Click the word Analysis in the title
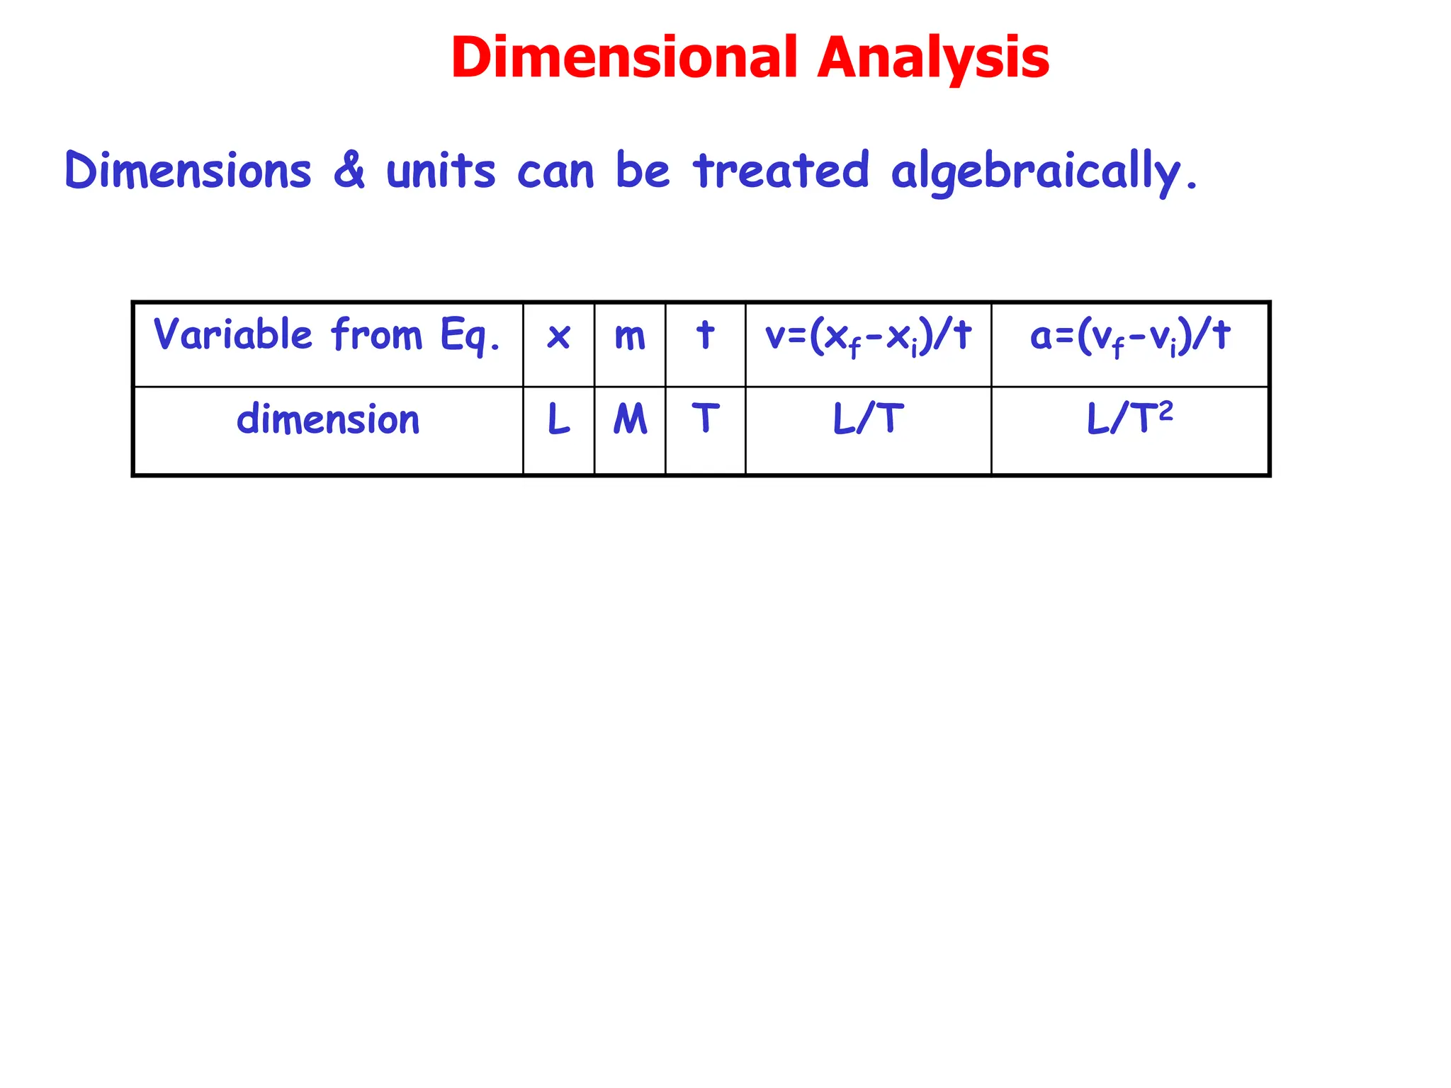pyautogui.click(x=933, y=58)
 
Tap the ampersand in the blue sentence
pyautogui.click(x=349, y=170)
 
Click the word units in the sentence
pyautogui.click(x=441, y=171)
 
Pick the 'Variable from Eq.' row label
pyautogui.click(x=327, y=335)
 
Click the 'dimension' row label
pyautogui.click(x=328, y=420)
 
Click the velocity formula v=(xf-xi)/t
pyautogui.click(x=868, y=336)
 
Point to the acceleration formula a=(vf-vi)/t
pyautogui.click(x=1129, y=336)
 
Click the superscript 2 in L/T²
pyautogui.click(x=1165, y=410)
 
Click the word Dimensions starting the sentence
pyautogui.click(x=188, y=171)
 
